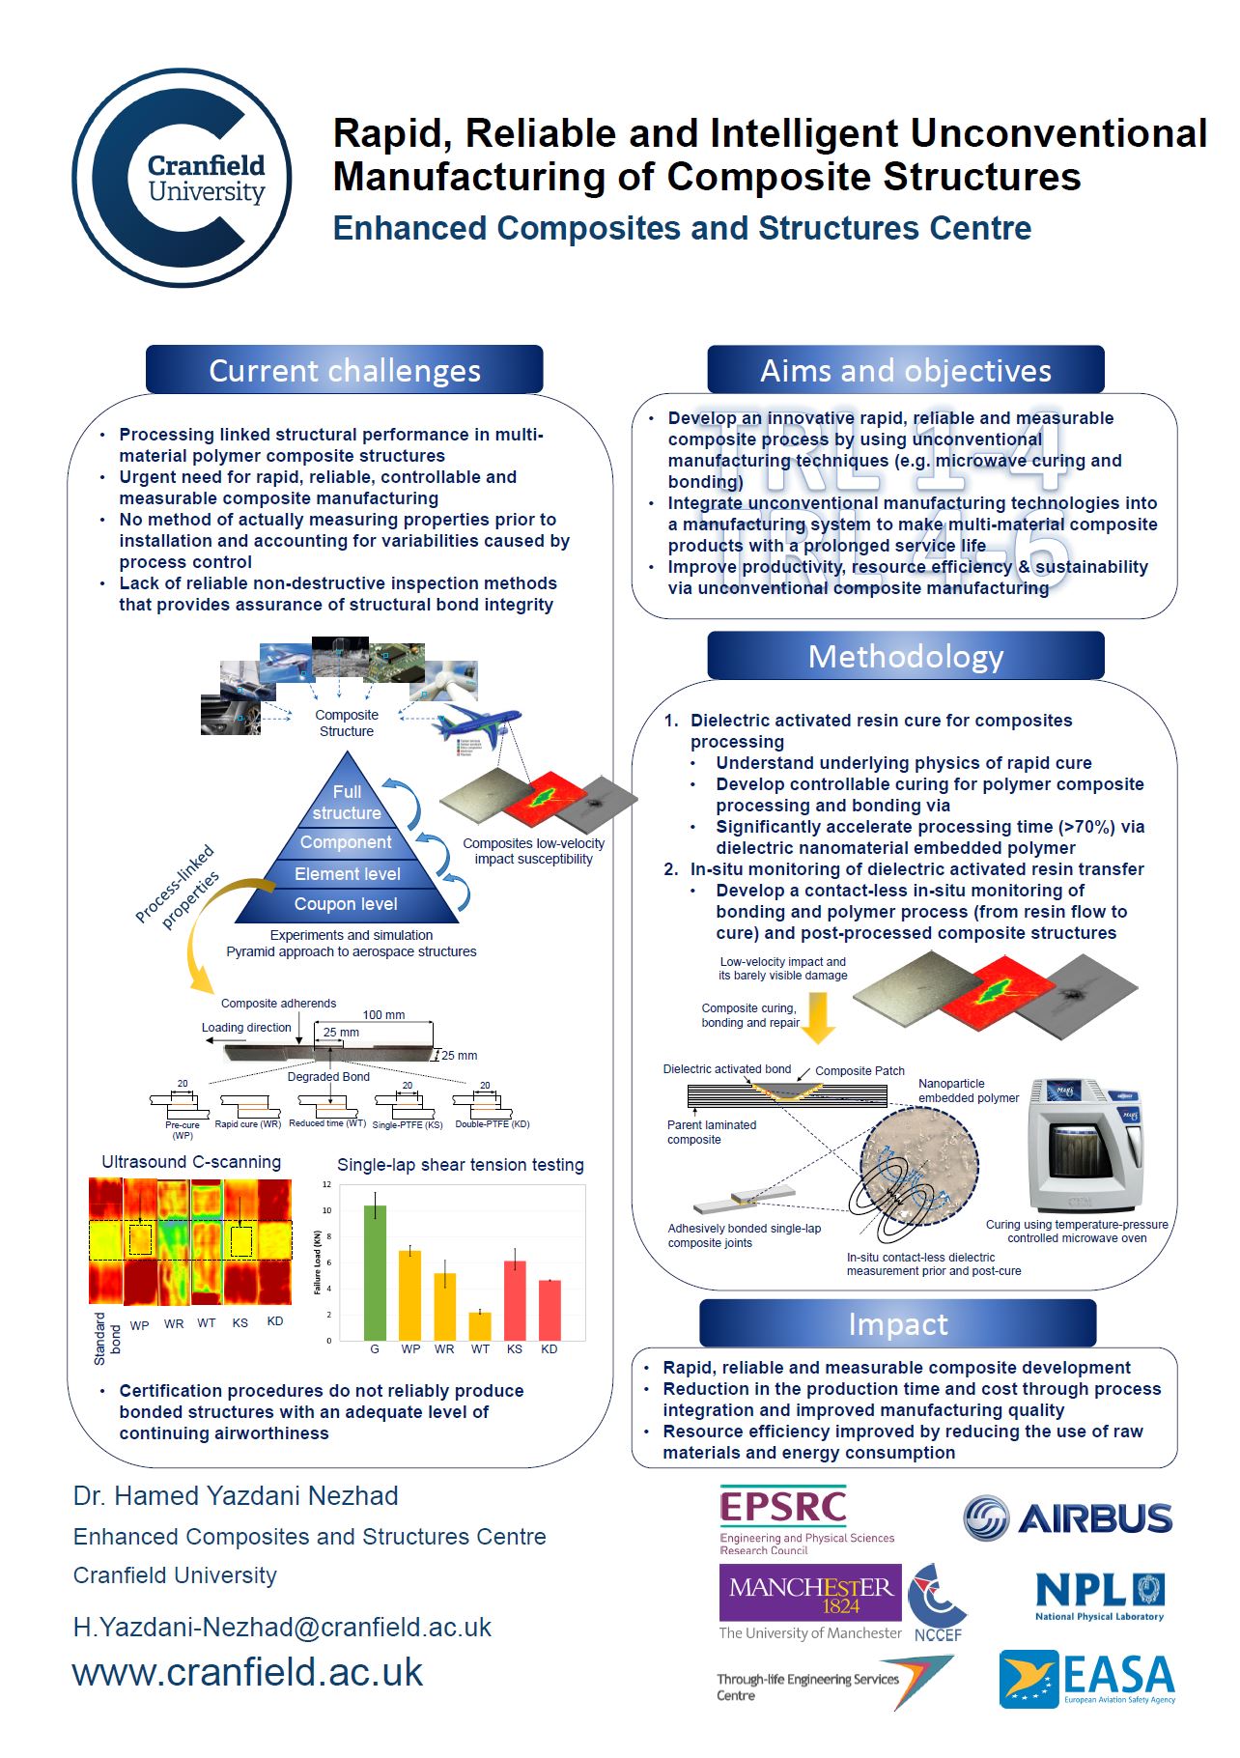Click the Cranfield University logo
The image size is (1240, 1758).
183,178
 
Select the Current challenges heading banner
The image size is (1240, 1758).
345,370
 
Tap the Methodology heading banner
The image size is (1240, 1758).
905,657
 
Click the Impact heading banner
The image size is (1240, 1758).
897,1323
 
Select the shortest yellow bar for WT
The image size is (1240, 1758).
480,1325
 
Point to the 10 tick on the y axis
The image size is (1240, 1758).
327,1210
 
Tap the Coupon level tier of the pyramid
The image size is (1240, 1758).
346,904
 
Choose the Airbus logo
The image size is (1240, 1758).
1068,1518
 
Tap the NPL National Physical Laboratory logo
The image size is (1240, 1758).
1099,1596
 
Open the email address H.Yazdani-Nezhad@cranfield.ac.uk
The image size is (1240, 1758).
282,1628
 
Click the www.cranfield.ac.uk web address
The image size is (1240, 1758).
248,1672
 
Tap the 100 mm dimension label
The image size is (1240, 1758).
383,1014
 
